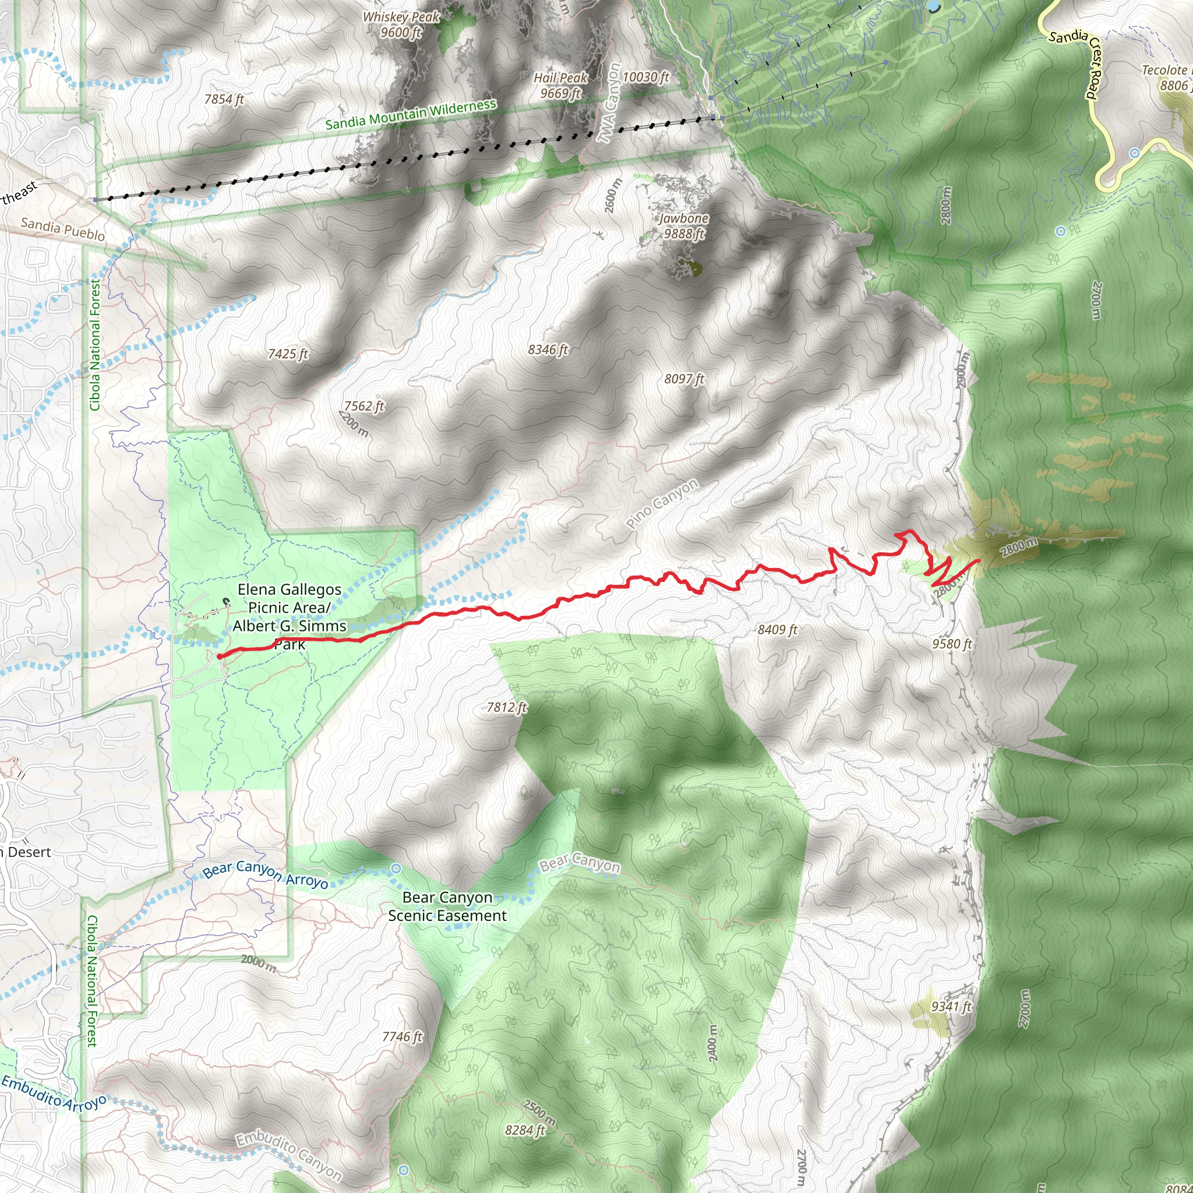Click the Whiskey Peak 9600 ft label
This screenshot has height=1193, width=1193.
(x=401, y=24)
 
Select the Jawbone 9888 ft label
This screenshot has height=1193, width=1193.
(x=683, y=226)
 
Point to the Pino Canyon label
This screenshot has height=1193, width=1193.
(x=662, y=503)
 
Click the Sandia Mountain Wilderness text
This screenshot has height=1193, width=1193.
(x=411, y=114)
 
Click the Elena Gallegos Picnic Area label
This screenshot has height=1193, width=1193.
(x=289, y=607)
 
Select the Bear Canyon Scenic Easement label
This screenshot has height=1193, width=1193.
(x=447, y=906)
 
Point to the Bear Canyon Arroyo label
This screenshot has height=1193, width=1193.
(x=266, y=874)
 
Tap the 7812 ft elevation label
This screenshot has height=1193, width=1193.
(x=506, y=707)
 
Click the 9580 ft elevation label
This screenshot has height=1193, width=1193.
(x=952, y=644)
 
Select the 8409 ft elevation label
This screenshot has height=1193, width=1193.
(x=778, y=630)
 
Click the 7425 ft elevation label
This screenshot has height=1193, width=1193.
(x=288, y=354)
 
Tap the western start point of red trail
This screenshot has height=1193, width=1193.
(x=220, y=656)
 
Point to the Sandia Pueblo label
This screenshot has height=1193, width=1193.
(x=63, y=229)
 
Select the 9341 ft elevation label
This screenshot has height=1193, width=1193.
(x=951, y=1007)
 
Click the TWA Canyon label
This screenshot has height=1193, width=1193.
(x=610, y=103)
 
